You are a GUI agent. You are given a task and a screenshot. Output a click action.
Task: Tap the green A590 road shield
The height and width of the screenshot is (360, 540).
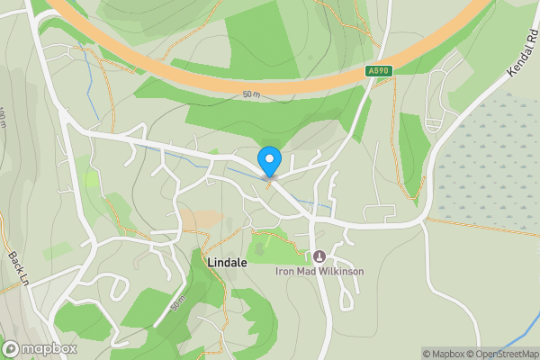click(x=378, y=69)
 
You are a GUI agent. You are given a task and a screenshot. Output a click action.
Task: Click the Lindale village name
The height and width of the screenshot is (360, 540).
click(x=227, y=263)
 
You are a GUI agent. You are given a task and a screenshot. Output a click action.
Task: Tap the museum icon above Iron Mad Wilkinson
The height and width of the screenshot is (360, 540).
click(x=318, y=256)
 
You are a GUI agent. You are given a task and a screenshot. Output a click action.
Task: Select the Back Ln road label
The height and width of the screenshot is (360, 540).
click(x=17, y=269)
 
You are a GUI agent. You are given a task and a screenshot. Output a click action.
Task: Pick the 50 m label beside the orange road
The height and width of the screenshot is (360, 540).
click(x=250, y=94)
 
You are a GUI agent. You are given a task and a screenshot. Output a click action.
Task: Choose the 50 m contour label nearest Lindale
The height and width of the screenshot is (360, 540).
click(x=176, y=305)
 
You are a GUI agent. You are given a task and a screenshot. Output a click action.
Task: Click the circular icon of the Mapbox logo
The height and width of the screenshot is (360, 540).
click(x=11, y=348)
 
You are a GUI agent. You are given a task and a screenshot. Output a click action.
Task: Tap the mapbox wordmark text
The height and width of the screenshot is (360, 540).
click(x=49, y=348)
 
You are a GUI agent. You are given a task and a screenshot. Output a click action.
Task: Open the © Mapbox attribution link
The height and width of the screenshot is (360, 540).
click(x=445, y=354)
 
